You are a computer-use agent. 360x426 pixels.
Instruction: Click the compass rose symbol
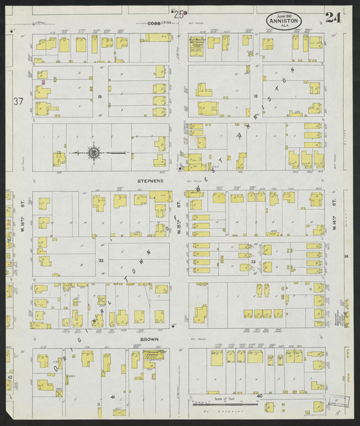click(x=94, y=153)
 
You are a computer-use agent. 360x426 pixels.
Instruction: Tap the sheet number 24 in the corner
click(x=332, y=18)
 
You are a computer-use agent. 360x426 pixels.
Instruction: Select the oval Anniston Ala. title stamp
click(x=284, y=21)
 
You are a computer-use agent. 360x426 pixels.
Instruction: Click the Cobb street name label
click(x=155, y=23)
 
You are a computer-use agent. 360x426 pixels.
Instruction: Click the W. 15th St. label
click(x=178, y=215)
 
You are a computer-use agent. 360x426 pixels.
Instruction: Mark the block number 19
click(x=99, y=97)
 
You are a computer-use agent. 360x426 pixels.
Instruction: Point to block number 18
click(x=255, y=97)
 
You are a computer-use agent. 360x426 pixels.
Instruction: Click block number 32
click(x=101, y=260)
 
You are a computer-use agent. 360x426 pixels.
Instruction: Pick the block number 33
click(x=253, y=261)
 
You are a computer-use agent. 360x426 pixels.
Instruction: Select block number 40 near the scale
click(x=259, y=396)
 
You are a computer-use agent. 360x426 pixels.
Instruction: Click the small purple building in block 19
click(x=44, y=82)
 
